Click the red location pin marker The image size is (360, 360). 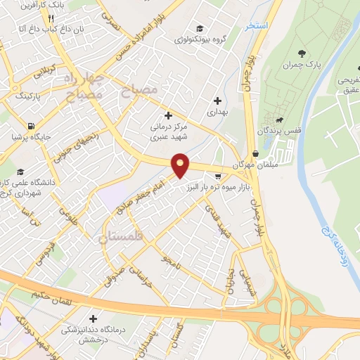(181, 165)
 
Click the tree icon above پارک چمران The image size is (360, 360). (302, 53)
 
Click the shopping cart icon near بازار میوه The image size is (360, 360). (218, 176)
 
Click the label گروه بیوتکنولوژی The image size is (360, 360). (201, 40)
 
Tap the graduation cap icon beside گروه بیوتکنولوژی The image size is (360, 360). (200, 29)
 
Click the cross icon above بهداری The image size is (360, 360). (217, 101)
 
